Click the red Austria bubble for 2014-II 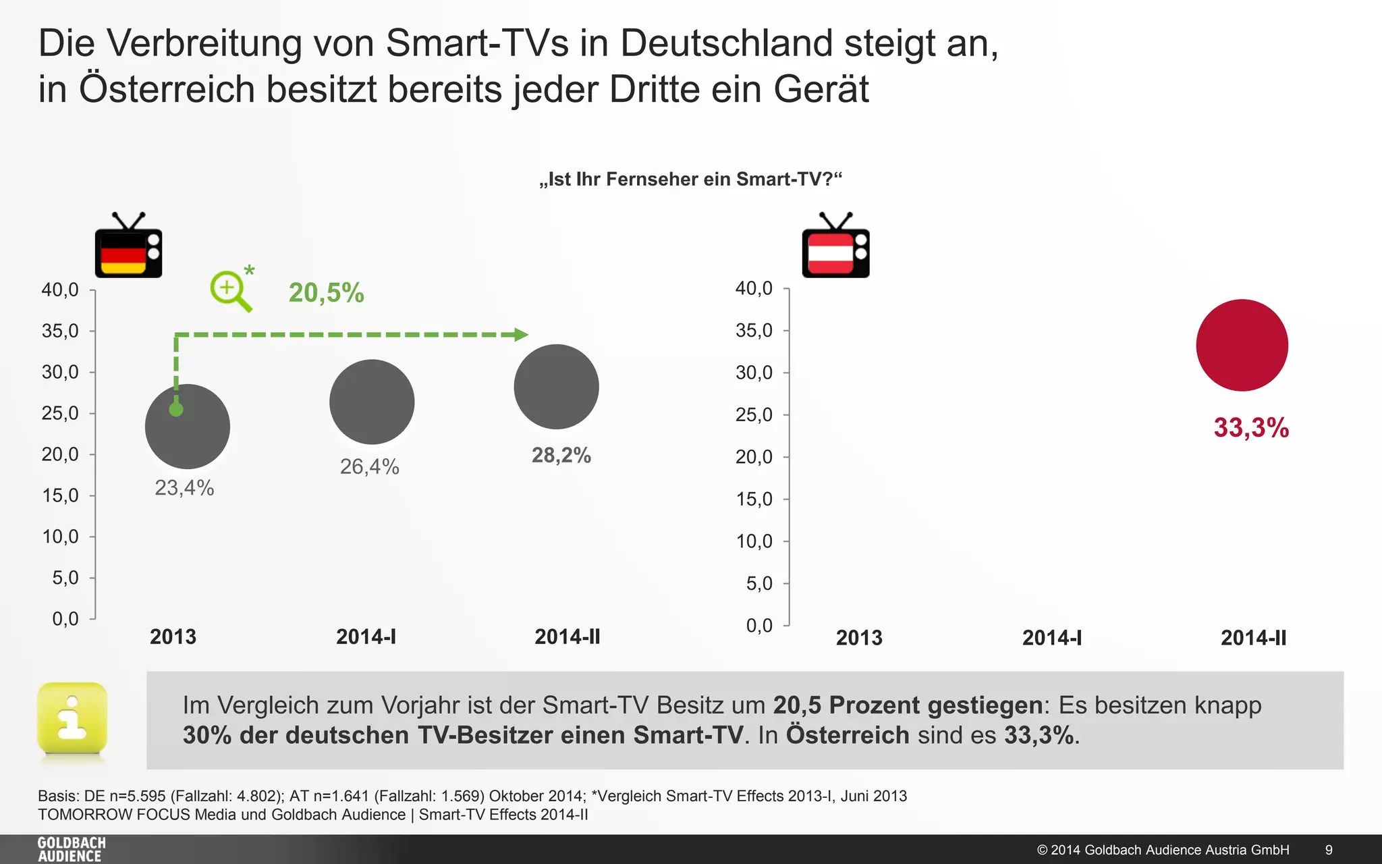point(1242,345)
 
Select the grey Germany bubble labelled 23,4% point(188,427)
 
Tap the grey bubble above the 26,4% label point(372,402)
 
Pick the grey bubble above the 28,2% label point(556,387)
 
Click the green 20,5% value point(326,293)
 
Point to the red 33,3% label point(1250,428)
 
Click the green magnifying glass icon point(230,291)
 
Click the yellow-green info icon point(72,719)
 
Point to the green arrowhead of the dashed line point(520,334)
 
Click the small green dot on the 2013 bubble point(176,410)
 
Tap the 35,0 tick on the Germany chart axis point(60,331)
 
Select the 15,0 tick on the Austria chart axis point(754,499)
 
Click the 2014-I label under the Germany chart point(366,637)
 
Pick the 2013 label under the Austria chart point(858,638)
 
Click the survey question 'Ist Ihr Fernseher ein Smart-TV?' point(690,180)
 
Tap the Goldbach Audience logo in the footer point(71,849)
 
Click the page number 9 point(1329,850)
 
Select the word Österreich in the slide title point(167,89)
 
